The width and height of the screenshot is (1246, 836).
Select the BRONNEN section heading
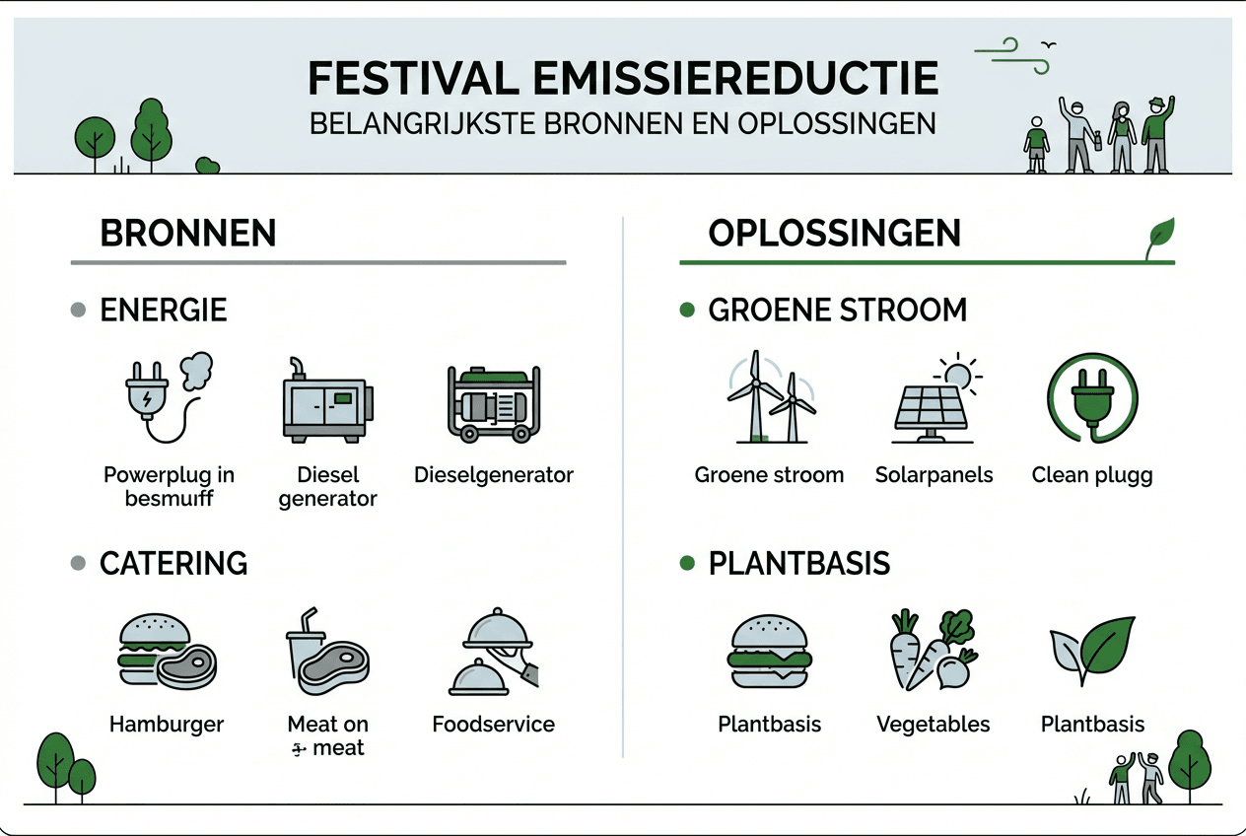187,234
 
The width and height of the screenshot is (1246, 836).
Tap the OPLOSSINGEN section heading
834,234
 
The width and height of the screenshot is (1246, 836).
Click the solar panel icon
933,403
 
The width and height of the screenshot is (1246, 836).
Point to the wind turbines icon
770,398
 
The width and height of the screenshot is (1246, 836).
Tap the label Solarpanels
934,475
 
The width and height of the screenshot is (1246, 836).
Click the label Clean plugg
1091,475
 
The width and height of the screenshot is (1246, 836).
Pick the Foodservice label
493,725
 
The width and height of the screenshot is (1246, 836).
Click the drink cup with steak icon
326,650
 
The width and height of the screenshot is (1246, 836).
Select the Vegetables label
933,725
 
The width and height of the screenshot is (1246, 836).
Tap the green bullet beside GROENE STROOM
687,311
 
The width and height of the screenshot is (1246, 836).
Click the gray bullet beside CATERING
79,564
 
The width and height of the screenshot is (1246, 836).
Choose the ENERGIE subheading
164,311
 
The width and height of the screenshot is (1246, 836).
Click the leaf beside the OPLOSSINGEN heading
1159,237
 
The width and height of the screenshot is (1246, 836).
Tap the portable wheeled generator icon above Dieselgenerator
493,403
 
